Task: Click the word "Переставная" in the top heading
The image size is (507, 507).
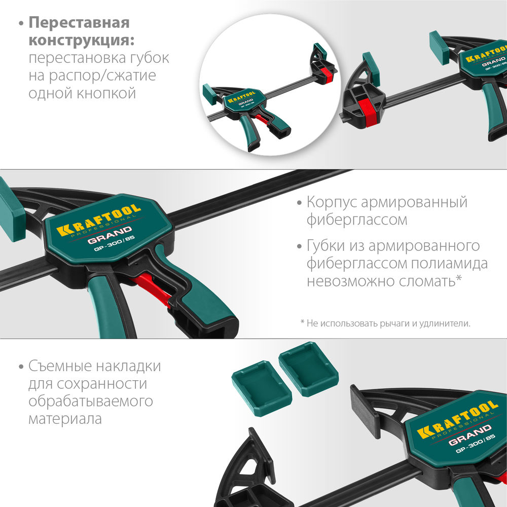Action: pos(79,23)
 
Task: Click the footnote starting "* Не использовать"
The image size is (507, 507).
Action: pos(385,323)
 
